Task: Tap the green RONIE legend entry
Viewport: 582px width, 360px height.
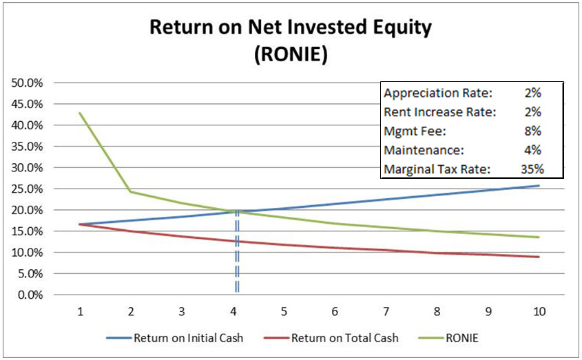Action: (459, 338)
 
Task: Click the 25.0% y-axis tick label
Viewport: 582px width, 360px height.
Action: (28, 189)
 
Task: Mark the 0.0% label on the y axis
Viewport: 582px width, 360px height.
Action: (30, 295)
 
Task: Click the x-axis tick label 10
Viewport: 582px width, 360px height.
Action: (539, 311)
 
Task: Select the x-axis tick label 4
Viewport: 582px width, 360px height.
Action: (233, 311)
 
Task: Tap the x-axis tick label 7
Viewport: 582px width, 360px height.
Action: (386, 311)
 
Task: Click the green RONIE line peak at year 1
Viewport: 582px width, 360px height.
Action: (81, 113)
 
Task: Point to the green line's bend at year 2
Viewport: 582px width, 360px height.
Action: (132, 191)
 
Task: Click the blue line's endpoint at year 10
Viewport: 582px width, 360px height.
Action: (539, 186)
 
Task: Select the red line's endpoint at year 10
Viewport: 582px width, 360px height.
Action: (539, 257)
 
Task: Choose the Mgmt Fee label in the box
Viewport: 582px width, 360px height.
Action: (410, 131)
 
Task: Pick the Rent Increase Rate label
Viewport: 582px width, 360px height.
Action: (430, 112)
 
